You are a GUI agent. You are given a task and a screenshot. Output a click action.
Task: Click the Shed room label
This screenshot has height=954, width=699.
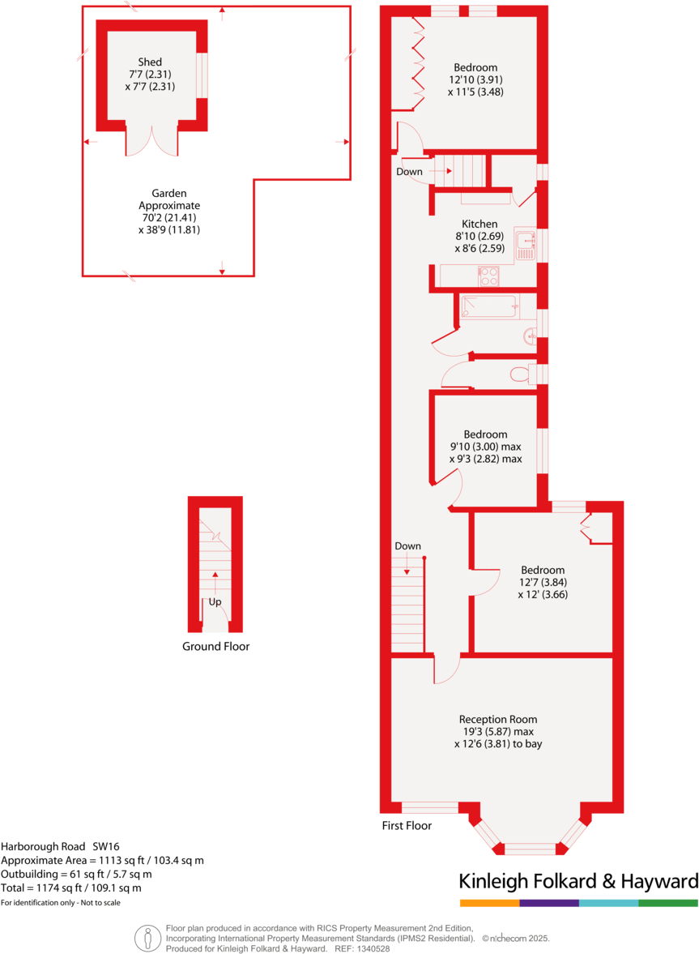coord(150,62)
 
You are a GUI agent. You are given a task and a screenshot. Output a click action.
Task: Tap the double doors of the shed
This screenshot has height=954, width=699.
coord(151,139)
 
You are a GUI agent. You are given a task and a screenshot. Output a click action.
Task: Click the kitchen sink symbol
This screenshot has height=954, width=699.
coord(525,244)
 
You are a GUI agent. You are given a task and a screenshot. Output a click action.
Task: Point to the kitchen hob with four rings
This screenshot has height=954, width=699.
coord(488,276)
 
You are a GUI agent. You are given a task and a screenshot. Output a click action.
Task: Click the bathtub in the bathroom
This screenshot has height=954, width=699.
coord(488,307)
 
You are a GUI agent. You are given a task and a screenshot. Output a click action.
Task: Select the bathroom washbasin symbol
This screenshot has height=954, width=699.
coord(531,335)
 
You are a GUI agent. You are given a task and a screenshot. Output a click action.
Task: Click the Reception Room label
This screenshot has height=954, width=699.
coord(497,719)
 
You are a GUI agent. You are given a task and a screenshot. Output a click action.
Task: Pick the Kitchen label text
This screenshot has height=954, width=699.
coord(479,224)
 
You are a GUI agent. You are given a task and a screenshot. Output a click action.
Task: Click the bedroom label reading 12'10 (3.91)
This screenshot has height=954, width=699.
coord(475,79)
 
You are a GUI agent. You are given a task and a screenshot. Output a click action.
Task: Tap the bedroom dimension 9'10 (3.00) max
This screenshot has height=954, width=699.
coord(485,446)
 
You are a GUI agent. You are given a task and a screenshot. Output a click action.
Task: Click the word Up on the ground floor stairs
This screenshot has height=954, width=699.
coord(215,602)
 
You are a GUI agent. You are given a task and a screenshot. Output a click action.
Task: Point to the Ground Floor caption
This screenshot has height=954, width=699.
coord(215,646)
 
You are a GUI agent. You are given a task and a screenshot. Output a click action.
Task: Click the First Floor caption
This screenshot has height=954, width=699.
coord(407,825)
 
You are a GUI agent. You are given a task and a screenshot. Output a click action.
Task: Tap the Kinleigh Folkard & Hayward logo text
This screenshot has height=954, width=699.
coord(578,881)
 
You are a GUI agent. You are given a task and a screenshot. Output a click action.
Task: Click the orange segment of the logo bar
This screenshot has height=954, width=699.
coord(489,903)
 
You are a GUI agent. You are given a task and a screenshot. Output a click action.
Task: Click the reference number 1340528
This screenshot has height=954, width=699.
coord(372,948)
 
